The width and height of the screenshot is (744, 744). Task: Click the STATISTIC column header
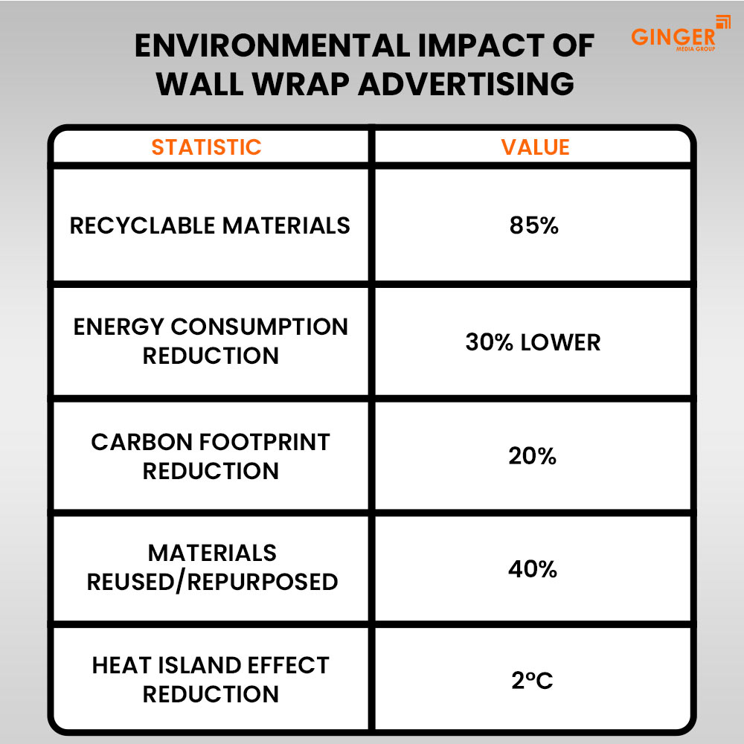point(206,147)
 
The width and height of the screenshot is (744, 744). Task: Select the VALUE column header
point(535,147)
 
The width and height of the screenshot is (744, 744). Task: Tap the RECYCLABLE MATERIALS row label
point(210,225)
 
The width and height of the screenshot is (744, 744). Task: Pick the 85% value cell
point(533,225)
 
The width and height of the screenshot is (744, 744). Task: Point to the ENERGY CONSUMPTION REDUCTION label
point(211,341)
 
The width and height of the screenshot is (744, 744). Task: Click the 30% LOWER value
point(533,342)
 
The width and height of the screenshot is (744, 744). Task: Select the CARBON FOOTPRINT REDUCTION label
point(211,456)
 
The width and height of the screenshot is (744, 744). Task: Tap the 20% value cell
point(533,456)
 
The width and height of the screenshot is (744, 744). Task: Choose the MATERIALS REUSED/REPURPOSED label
point(212,567)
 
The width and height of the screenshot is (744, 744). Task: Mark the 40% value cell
point(533,570)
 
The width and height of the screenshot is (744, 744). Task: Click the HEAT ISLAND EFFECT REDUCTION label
point(211,679)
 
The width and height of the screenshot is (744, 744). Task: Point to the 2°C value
point(532,680)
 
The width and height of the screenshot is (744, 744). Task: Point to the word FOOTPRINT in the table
point(260,442)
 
